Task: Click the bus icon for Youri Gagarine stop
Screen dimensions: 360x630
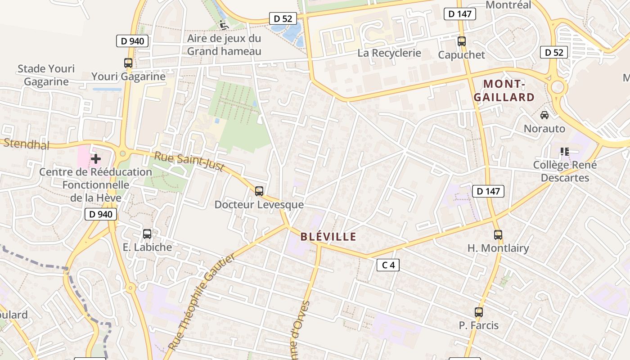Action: (128, 63)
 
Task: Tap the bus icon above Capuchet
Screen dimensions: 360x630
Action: (461, 41)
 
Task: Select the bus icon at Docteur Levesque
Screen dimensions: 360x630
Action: (259, 191)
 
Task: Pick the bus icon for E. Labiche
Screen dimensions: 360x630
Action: (147, 234)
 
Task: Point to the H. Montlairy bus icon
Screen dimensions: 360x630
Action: (498, 234)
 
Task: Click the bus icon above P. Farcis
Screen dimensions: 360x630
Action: (478, 312)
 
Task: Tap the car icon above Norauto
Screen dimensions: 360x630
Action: (544, 115)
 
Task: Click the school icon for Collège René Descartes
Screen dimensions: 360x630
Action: (564, 152)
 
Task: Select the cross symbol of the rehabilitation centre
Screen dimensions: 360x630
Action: (95, 158)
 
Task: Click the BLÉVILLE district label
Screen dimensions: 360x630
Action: (328, 237)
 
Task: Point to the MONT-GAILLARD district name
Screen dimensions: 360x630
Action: (504, 90)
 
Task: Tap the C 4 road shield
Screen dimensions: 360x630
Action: (388, 265)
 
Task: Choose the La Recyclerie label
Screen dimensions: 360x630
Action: (389, 53)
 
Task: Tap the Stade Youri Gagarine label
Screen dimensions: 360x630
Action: (46, 75)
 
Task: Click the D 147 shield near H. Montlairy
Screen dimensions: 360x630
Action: (488, 191)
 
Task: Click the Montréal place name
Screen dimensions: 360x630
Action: (509, 5)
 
